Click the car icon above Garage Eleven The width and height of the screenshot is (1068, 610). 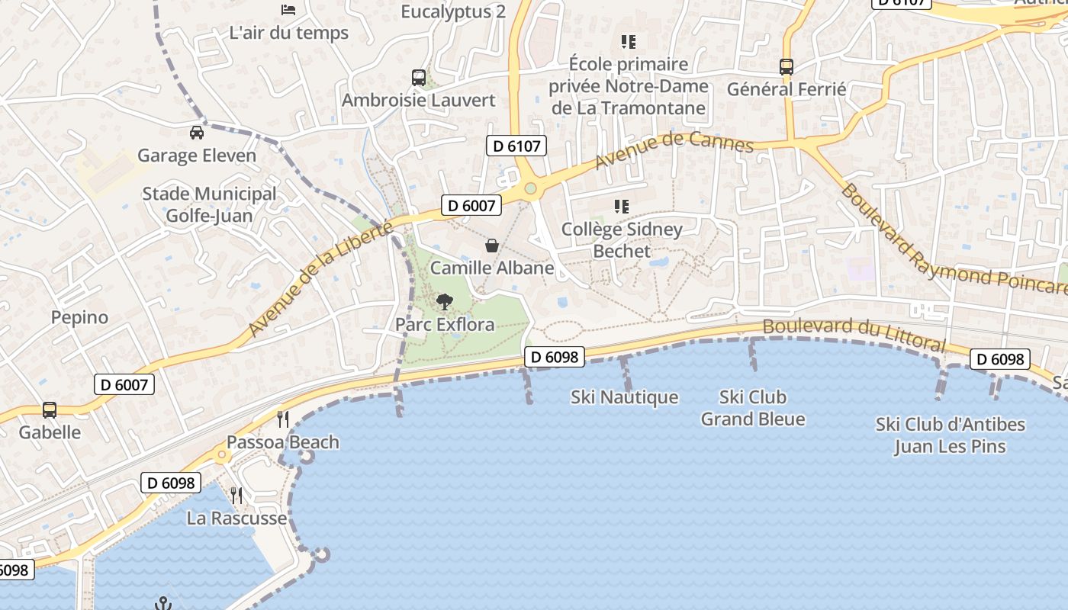[197, 132]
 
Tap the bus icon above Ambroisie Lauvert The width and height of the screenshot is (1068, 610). [419, 77]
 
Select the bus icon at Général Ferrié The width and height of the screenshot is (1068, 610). [787, 66]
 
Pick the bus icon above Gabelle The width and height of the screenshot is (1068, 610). [50, 409]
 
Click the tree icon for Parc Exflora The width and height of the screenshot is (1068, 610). [444, 302]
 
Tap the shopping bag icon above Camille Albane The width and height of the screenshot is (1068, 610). [492, 246]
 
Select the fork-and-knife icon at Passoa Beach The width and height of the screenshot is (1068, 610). [283, 419]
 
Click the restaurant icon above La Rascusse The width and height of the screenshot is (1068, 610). [236, 496]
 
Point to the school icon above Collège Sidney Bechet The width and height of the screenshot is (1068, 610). [622, 206]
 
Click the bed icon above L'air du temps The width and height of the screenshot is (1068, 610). [288, 10]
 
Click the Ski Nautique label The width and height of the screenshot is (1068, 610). [624, 397]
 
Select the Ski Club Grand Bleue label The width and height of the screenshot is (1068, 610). [753, 408]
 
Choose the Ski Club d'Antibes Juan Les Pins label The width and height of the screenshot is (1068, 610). [951, 435]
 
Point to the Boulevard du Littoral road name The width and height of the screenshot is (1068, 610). [854, 334]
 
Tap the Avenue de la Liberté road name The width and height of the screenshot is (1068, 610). [320, 278]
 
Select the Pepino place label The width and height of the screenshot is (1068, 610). [80, 317]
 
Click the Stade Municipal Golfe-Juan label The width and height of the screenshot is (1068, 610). [209, 204]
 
